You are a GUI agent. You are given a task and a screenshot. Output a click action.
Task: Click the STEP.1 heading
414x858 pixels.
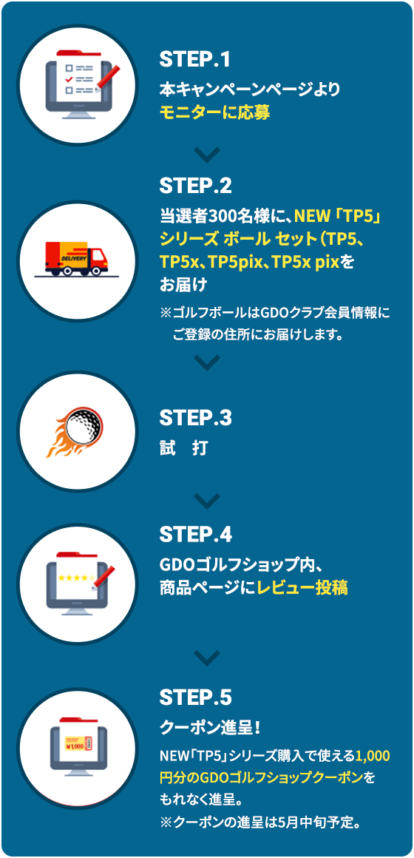[194, 60]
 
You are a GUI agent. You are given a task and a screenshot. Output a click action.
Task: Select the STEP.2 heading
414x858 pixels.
[195, 186]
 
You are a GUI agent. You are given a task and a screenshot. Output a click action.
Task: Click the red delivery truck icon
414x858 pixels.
[76, 257]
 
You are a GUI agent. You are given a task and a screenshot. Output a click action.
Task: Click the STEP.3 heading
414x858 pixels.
[195, 418]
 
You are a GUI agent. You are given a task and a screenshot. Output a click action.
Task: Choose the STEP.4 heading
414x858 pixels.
[195, 534]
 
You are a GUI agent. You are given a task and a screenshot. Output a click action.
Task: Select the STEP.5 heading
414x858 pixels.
[195, 697]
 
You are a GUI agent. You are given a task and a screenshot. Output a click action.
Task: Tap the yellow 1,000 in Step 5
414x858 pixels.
[373, 757]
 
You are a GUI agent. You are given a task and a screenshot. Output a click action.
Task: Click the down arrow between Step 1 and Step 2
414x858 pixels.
[207, 154]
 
